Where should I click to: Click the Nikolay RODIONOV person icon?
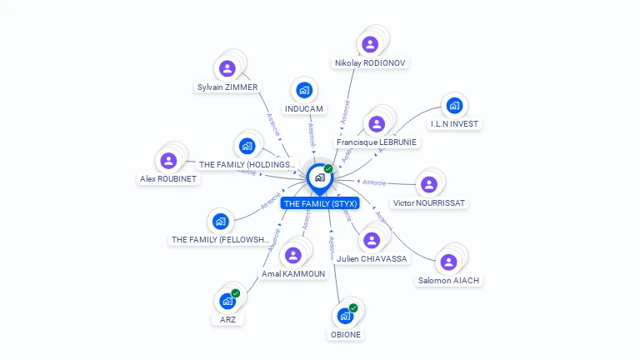[370, 44]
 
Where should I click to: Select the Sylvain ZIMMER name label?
[227, 87]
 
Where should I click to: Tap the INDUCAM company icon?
[304, 90]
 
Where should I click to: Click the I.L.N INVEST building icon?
[454, 106]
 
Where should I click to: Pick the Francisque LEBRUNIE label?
[377, 142]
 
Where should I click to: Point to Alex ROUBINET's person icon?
[168, 161]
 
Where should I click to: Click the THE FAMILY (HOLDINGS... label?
[247, 165]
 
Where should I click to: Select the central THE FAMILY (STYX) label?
[320, 203]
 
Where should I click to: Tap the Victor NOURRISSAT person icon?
[429, 184]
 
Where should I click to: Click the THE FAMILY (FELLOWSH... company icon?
[220, 222]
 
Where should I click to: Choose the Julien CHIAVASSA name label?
[372, 258]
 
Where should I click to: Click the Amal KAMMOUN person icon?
[293, 255]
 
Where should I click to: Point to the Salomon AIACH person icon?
[448, 262]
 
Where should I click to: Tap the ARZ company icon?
[227, 301]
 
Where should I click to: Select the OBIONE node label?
[345, 334]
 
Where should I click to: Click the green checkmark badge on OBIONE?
[353, 308]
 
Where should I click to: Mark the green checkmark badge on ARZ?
[236, 293]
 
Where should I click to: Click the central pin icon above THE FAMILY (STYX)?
[319, 177]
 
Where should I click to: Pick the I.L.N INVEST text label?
[454, 124]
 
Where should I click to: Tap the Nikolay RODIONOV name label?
[370, 63]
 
